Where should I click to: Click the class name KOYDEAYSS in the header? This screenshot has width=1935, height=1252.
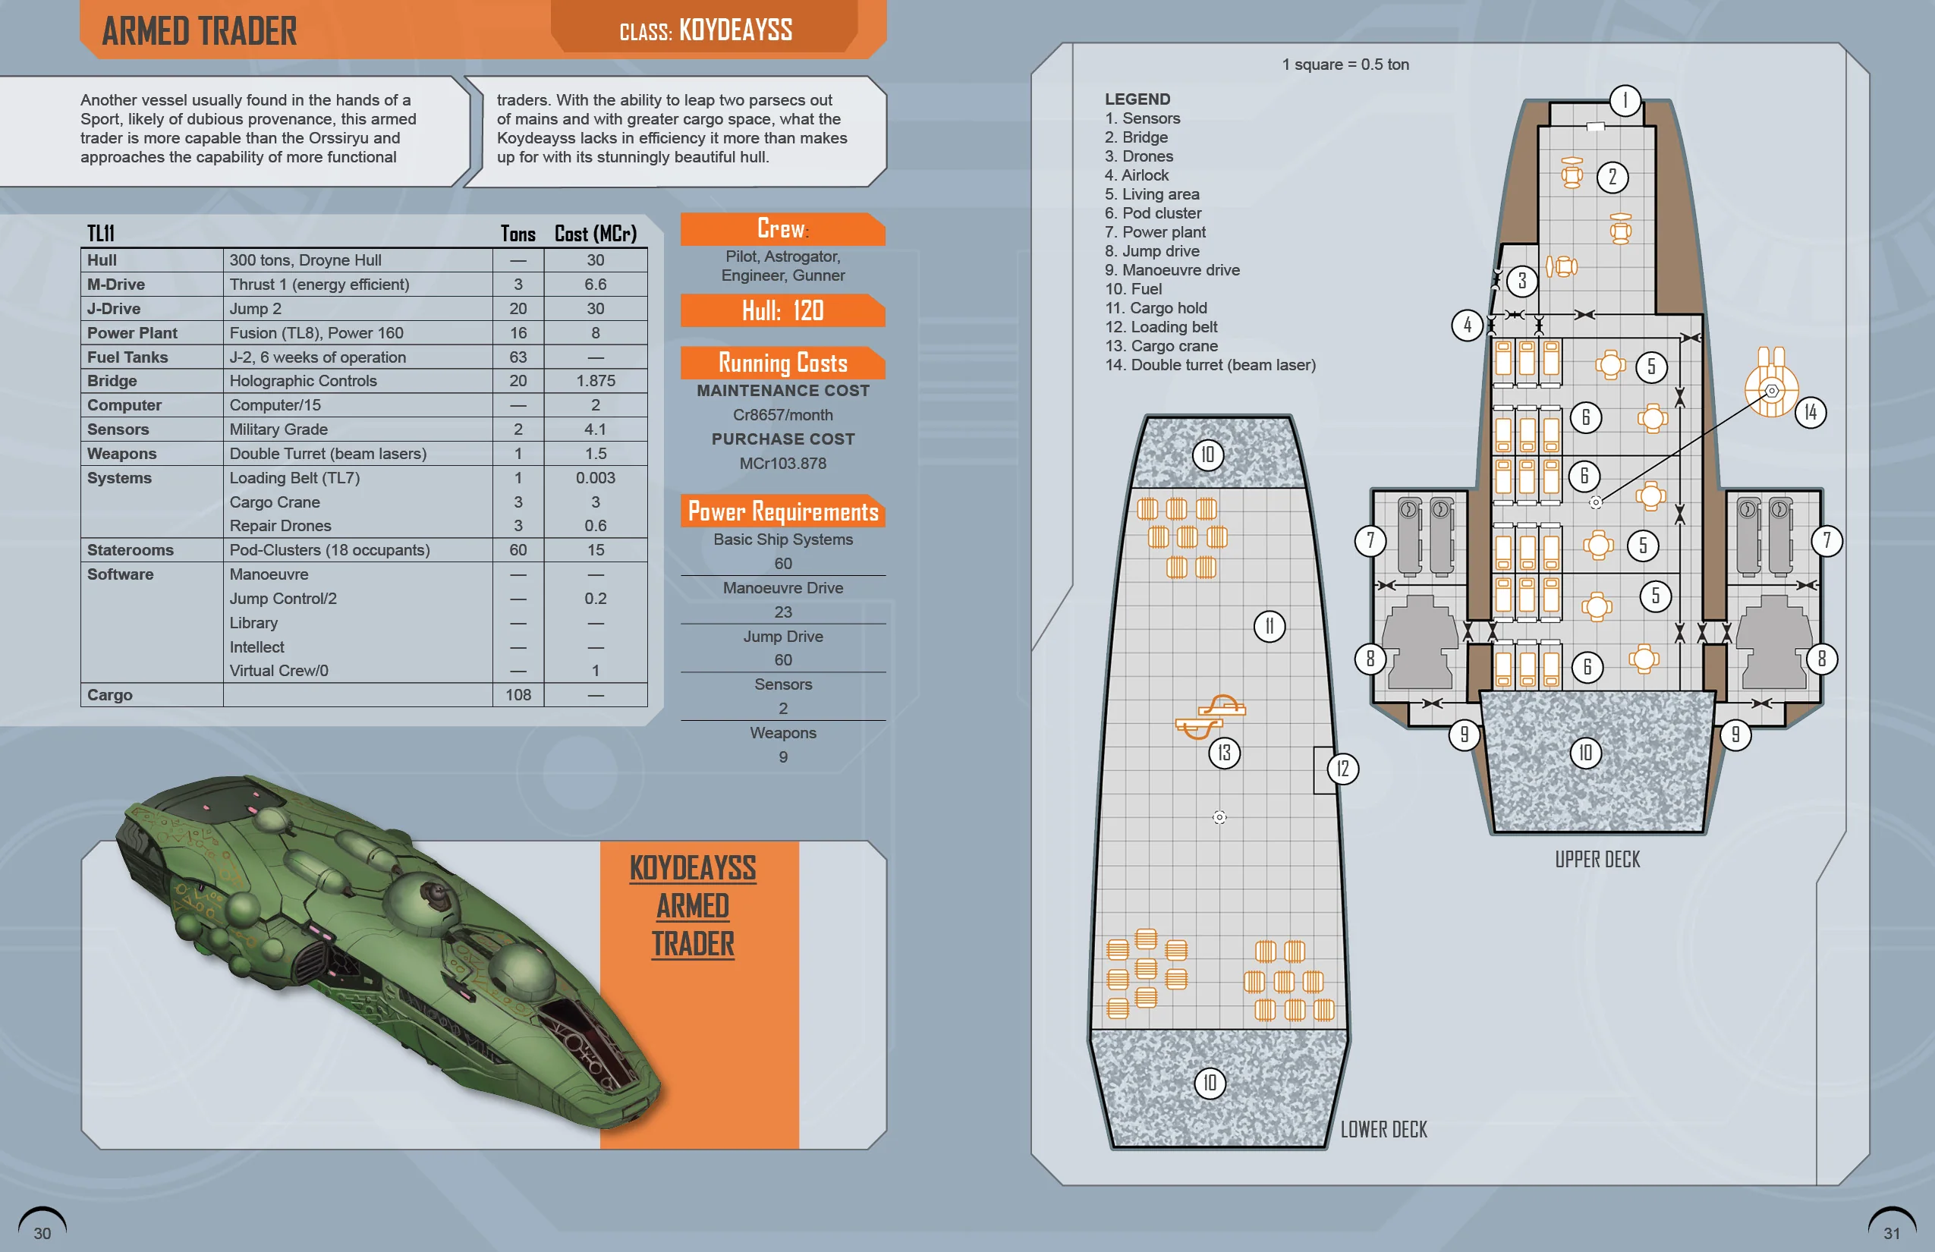pyautogui.click(x=735, y=30)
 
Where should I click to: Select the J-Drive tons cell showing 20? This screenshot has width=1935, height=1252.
pyautogui.click(x=518, y=309)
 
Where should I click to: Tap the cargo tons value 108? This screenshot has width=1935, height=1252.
pyautogui.click(x=518, y=695)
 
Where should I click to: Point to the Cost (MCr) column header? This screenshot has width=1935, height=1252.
pyautogui.click(x=595, y=234)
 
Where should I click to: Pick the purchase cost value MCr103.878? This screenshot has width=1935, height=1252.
pyautogui.click(x=782, y=464)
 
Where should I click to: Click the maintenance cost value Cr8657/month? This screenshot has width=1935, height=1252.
pyautogui.click(x=782, y=414)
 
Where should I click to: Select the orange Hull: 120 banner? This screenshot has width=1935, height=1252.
pyautogui.click(x=782, y=310)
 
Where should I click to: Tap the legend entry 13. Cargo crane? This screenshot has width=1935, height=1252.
pyautogui.click(x=1161, y=346)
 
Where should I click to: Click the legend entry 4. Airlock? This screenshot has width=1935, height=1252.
pyautogui.click(x=1136, y=175)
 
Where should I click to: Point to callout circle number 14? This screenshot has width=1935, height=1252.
pyautogui.click(x=1810, y=412)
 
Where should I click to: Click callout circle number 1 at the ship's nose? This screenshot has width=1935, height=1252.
pyautogui.click(x=1625, y=101)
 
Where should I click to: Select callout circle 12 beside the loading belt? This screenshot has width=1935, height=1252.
pyautogui.click(x=1342, y=768)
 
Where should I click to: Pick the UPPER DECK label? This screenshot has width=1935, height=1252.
pyautogui.click(x=1597, y=859)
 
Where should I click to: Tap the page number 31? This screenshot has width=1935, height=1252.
pyautogui.click(x=1891, y=1232)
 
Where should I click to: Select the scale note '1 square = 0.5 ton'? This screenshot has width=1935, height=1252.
pyautogui.click(x=1345, y=64)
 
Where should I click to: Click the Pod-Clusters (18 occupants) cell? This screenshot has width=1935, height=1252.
pyautogui.click(x=329, y=550)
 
